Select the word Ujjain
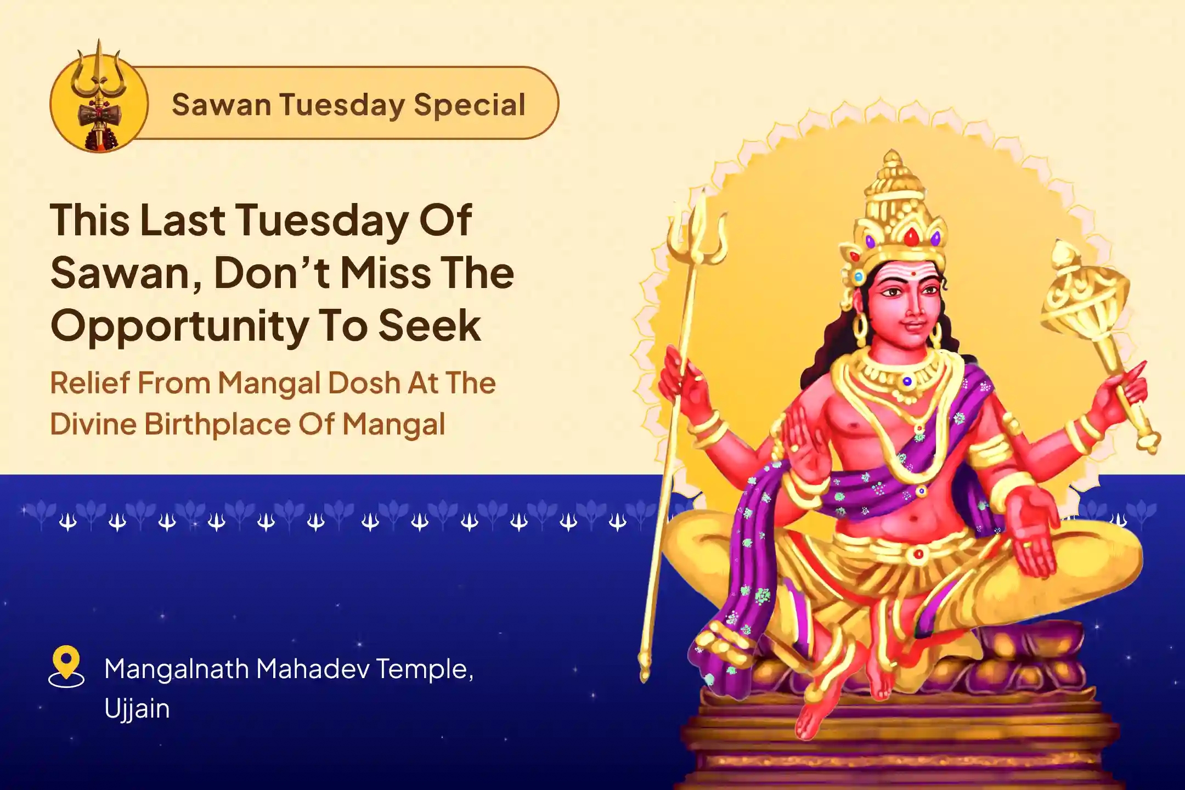(x=137, y=709)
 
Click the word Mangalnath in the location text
(x=176, y=669)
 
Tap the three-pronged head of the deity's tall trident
(x=696, y=230)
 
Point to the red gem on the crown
(x=911, y=237)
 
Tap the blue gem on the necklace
(x=906, y=381)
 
